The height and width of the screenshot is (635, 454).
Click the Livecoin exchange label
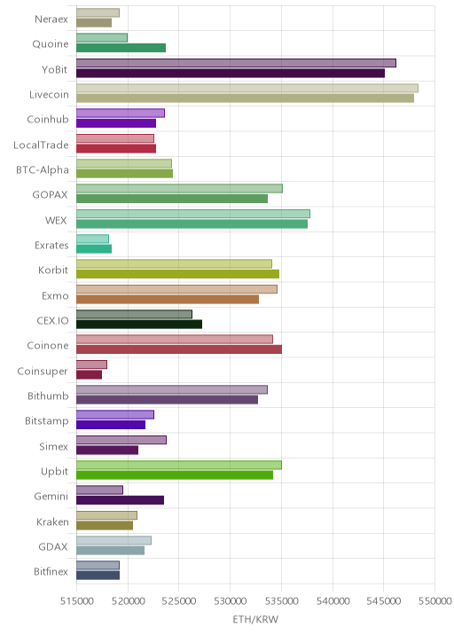(49, 94)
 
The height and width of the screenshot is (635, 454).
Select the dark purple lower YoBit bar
(231, 74)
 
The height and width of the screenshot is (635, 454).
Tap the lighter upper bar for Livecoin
(247, 88)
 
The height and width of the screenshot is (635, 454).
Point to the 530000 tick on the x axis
(230, 600)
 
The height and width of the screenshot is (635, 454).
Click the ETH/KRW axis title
(255, 619)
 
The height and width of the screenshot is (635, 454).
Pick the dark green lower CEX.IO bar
(139, 324)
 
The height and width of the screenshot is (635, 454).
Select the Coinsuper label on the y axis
(43, 371)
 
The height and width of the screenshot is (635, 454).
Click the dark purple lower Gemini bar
(120, 500)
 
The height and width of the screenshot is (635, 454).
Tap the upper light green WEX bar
(193, 214)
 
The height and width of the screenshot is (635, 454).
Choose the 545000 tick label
(384, 600)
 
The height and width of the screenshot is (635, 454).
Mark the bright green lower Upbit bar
(175, 475)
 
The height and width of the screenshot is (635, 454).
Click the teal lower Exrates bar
(94, 248)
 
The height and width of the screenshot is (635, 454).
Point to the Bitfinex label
(51, 571)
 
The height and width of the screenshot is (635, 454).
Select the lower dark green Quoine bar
(121, 48)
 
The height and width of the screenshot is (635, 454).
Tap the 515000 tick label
(77, 600)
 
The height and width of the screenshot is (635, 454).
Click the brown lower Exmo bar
(168, 299)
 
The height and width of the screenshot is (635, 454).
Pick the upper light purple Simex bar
(121, 440)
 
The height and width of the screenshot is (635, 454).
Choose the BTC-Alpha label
(43, 169)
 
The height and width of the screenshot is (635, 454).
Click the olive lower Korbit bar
(178, 274)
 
